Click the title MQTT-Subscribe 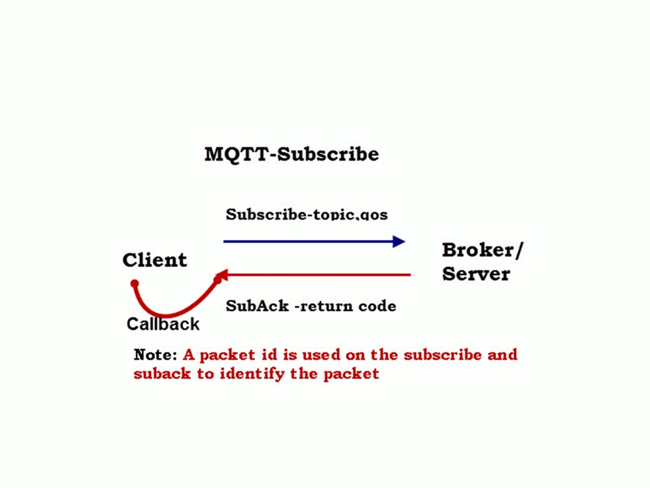point(291,155)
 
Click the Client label point(154,260)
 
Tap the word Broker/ point(482,250)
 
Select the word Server point(475,274)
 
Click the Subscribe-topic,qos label point(306,215)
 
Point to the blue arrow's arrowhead point(398,241)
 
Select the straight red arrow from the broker point(318,275)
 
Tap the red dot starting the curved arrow point(135,283)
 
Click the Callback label point(163,324)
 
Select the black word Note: point(156,355)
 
